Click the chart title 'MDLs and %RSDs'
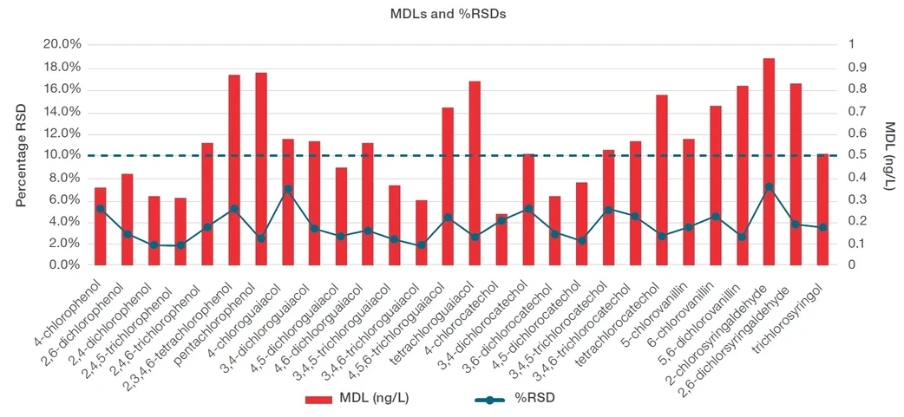tap(451, 14)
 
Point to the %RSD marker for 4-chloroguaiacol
tap(288, 189)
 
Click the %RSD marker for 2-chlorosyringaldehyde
tap(769, 186)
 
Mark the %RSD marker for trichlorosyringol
tap(822, 227)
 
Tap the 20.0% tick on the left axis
tap(62, 44)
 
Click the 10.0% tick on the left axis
tap(62, 155)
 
